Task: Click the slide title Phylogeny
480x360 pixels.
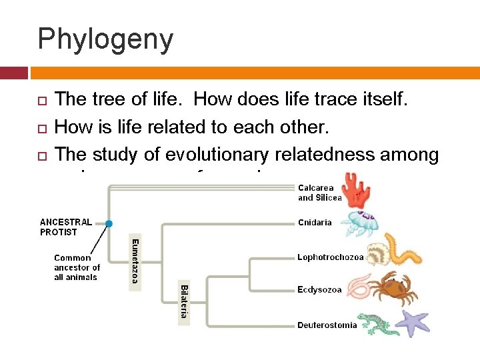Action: (x=105, y=39)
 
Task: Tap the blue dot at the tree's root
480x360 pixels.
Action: (x=109, y=223)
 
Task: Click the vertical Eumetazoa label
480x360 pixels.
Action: (x=135, y=261)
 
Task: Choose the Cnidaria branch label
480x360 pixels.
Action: (x=315, y=223)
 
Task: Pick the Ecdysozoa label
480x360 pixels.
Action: (x=319, y=289)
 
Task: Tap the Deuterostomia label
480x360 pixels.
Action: (x=327, y=325)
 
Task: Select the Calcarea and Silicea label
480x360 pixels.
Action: (x=319, y=193)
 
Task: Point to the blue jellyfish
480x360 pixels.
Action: (x=359, y=224)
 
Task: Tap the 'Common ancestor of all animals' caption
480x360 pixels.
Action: (x=77, y=267)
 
